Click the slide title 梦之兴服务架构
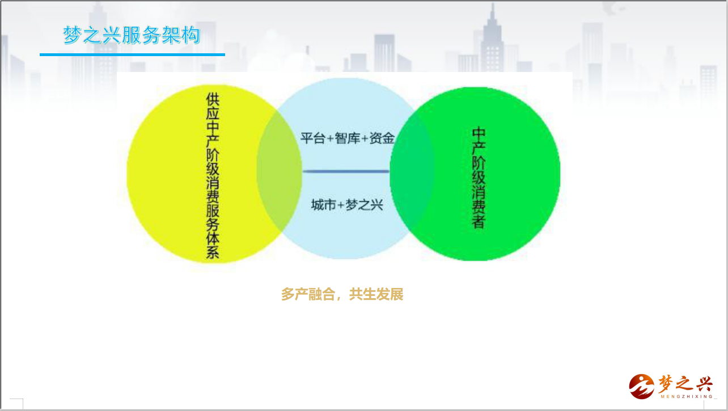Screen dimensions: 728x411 [132, 35]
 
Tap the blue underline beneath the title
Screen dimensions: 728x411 [132, 54]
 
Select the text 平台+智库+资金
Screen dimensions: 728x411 [347, 138]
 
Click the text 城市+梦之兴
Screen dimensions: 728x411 [347, 205]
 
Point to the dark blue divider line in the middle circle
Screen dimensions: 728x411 [346, 171]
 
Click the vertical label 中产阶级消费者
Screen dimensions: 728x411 [479, 178]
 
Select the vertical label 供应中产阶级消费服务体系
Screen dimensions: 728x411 [213, 175]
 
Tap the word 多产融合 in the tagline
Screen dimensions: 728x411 [308, 294]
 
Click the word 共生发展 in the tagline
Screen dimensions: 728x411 [376, 294]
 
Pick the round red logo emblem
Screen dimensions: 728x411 [642, 386]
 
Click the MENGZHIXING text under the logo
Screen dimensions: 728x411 [687, 396]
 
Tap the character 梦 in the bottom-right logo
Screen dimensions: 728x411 [667, 384]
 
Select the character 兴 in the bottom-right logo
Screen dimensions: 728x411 [704, 384]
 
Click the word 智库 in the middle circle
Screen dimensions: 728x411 [347, 138]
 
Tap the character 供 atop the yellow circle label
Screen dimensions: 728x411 [213, 99]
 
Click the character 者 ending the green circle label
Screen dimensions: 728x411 [479, 222]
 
